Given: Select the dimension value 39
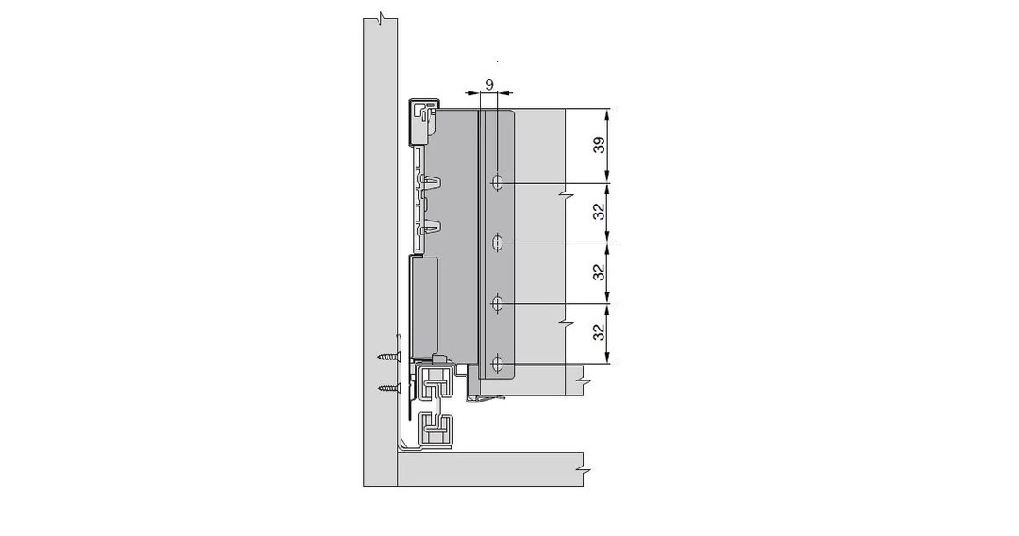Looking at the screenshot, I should pyautogui.click(x=598, y=145).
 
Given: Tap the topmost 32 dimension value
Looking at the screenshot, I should pyautogui.click(x=598, y=212).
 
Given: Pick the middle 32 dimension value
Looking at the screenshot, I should pyautogui.click(x=598, y=272).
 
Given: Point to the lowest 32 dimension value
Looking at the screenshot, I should pyautogui.click(x=598, y=332).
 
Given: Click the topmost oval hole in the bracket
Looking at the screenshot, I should pyautogui.click(x=497, y=183).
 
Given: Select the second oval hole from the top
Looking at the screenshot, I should pyautogui.click(x=497, y=243).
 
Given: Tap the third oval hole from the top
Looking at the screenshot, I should pyautogui.click(x=497, y=303).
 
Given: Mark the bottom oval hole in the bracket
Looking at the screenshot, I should pyautogui.click(x=497, y=363).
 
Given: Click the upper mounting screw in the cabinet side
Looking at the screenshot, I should pyautogui.click(x=387, y=358).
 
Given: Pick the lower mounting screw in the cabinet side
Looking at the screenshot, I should pyautogui.click(x=387, y=387).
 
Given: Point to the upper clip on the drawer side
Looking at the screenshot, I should pyautogui.click(x=430, y=183).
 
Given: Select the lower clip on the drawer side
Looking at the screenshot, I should pyautogui.click(x=430, y=228).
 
